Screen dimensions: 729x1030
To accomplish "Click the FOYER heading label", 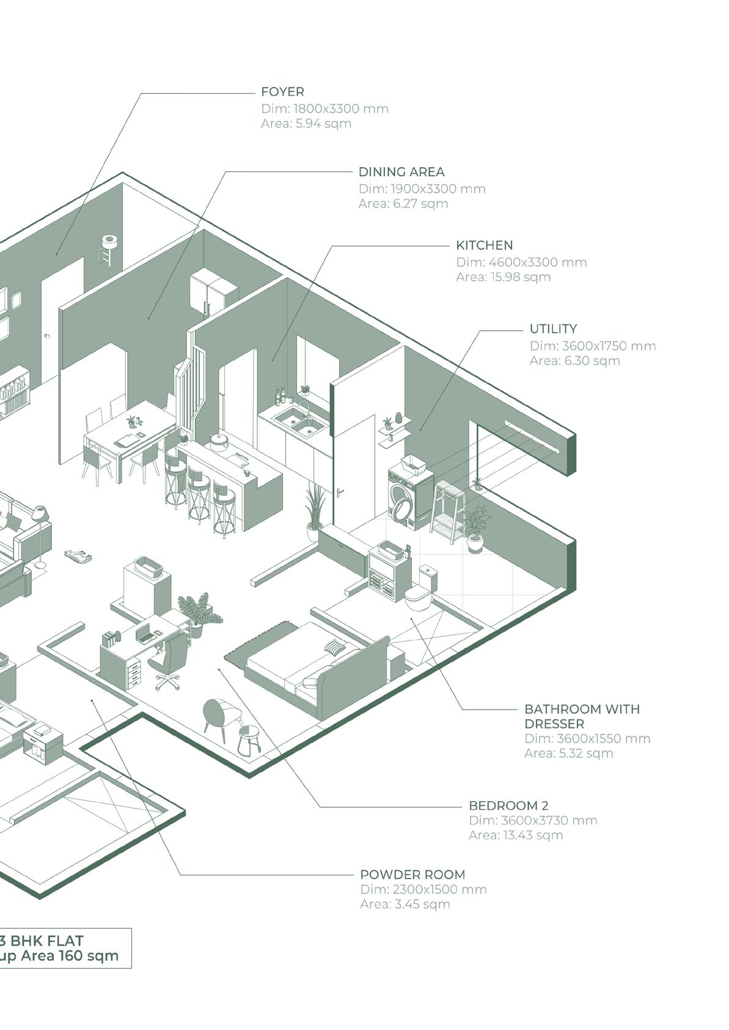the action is (x=282, y=92).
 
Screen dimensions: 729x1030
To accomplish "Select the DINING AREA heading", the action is (x=401, y=172).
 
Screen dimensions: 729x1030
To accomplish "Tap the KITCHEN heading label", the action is (x=484, y=245).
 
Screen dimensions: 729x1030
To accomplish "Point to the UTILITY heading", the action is (x=553, y=328).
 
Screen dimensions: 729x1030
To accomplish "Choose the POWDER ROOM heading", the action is (x=412, y=875).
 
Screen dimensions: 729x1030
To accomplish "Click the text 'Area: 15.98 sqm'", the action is (x=503, y=277).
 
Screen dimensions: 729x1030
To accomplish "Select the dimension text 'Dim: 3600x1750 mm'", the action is (x=592, y=346).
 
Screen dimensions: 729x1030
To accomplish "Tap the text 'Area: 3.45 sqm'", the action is (x=405, y=904).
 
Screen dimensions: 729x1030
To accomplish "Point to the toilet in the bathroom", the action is (x=420, y=590).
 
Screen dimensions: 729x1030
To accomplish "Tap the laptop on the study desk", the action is (x=144, y=634).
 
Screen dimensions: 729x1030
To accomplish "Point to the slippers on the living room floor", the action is (x=78, y=556).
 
